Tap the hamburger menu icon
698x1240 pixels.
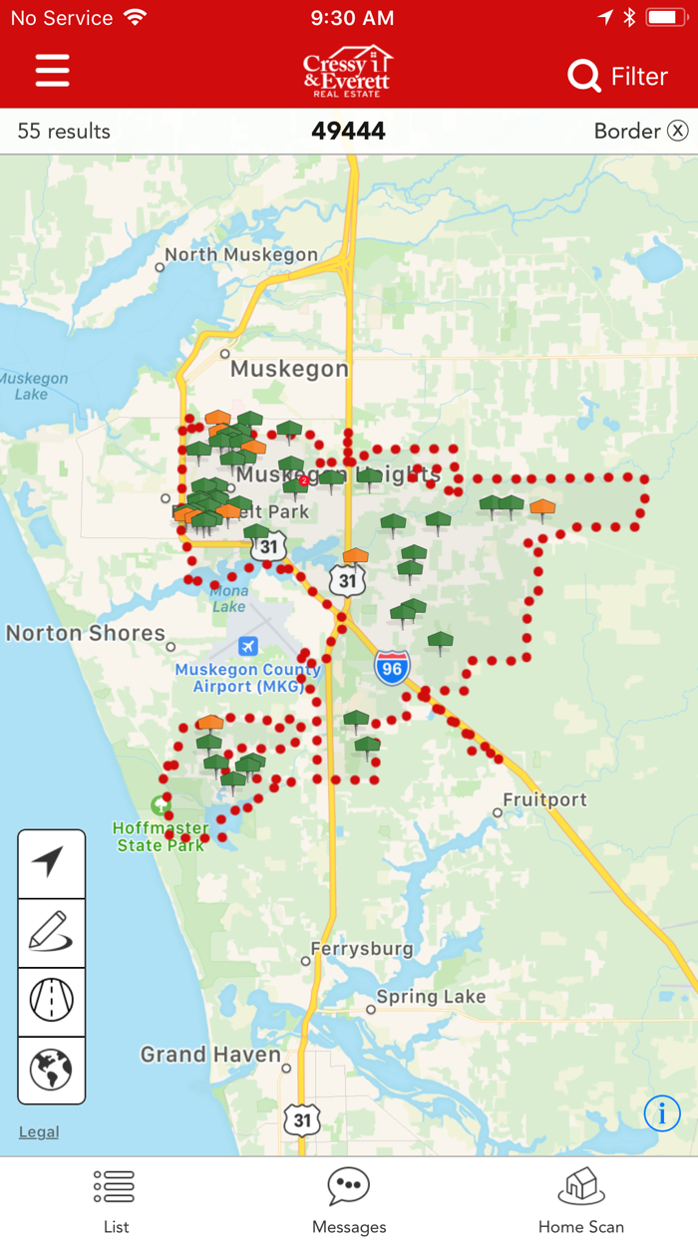coord(52,71)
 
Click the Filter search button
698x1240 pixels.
coord(617,76)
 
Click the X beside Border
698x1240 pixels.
coord(678,131)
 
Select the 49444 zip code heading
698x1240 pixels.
coord(348,131)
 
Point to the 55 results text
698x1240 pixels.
coord(64,131)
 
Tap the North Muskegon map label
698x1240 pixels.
coord(240,254)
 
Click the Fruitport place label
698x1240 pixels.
coord(544,799)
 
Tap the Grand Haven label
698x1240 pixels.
coord(210,1054)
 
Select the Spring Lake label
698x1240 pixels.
coord(431,996)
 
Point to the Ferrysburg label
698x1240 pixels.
coord(362,949)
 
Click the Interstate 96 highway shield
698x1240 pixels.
coord(392,667)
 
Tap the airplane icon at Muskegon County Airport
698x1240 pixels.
coord(247,646)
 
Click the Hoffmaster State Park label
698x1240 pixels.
coord(161,836)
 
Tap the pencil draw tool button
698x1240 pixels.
coord(51,933)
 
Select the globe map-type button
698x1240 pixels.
coord(51,1070)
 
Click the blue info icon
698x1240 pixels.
coord(662,1112)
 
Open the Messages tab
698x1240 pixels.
coord(349,1200)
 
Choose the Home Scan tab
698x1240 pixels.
coord(581,1200)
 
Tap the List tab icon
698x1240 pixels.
coord(115,1186)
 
